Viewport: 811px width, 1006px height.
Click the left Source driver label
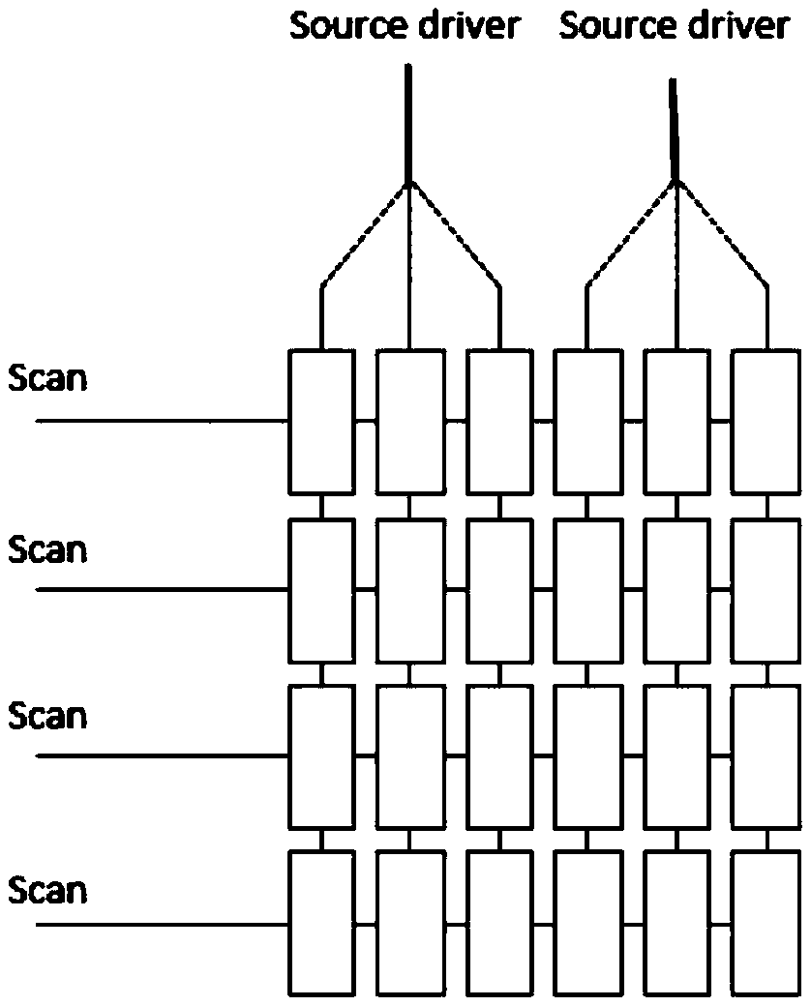(x=405, y=26)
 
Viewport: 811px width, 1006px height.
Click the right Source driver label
(x=674, y=26)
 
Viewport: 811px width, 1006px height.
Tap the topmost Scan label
(x=47, y=377)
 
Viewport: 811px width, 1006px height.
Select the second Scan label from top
(x=47, y=549)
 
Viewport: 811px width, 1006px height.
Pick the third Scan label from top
(x=47, y=717)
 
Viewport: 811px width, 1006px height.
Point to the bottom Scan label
(x=47, y=889)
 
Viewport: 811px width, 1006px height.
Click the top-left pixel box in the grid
(x=321, y=422)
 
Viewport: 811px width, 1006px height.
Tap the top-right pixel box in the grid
(x=766, y=422)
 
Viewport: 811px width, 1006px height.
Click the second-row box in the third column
(x=499, y=590)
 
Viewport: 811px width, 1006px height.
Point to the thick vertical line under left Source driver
(x=408, y=121)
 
